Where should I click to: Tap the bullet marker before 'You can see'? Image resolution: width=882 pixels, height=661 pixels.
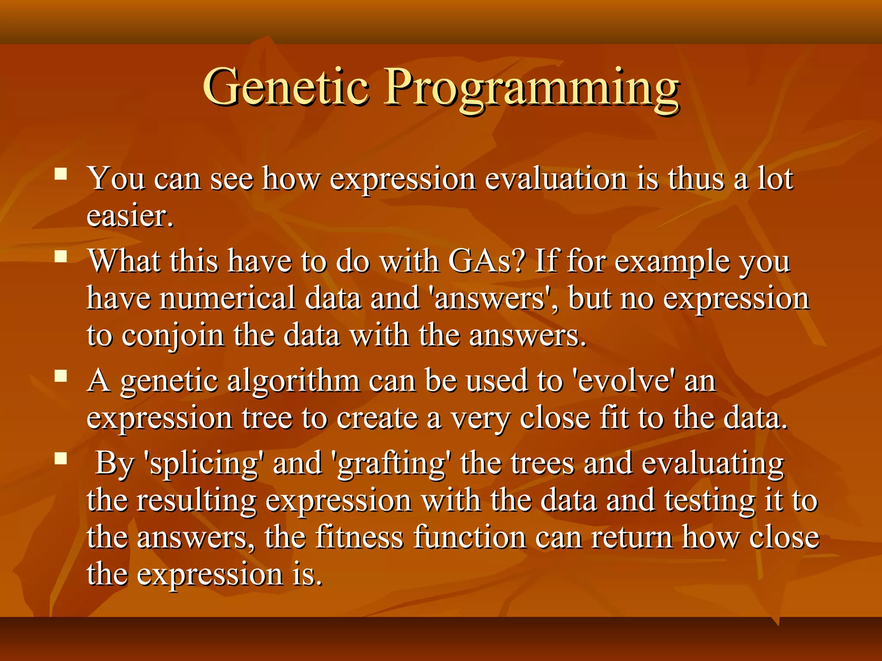(61, 174)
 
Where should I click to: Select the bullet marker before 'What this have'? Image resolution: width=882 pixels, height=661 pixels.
(61, 257)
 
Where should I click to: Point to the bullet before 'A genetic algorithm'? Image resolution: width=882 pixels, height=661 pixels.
(61, 377)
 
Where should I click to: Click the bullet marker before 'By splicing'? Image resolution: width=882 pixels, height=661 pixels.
(61, 459)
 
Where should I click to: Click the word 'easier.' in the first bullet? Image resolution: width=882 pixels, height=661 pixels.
(130, 216)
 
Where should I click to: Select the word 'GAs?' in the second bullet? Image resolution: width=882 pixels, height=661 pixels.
(487, 261)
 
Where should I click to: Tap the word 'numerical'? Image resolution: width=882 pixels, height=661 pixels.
(227, 298)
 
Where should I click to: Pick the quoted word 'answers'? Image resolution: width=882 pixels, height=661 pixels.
(490, 298)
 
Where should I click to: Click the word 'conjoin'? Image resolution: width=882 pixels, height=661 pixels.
(172, 336)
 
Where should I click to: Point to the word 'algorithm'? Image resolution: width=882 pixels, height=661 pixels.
(293, 382)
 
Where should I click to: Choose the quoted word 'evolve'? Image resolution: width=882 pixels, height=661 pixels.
(624, 381)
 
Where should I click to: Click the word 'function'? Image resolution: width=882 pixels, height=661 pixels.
(469, 537)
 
